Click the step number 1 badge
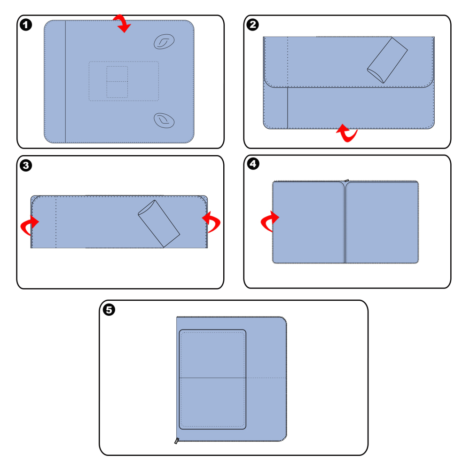(26, 25)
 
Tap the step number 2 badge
(253, 24)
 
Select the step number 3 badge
(26, 165)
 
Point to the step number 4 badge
(253, 164)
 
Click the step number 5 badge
(109, 310)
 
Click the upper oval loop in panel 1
(164, 41)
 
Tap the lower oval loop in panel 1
(164, 120)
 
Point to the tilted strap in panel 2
(387, 60)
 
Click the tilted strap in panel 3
(159, 224)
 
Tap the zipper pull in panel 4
(346, 180)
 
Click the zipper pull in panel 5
(177, 441)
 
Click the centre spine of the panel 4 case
(345, 222)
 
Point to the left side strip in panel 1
(55, 81)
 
